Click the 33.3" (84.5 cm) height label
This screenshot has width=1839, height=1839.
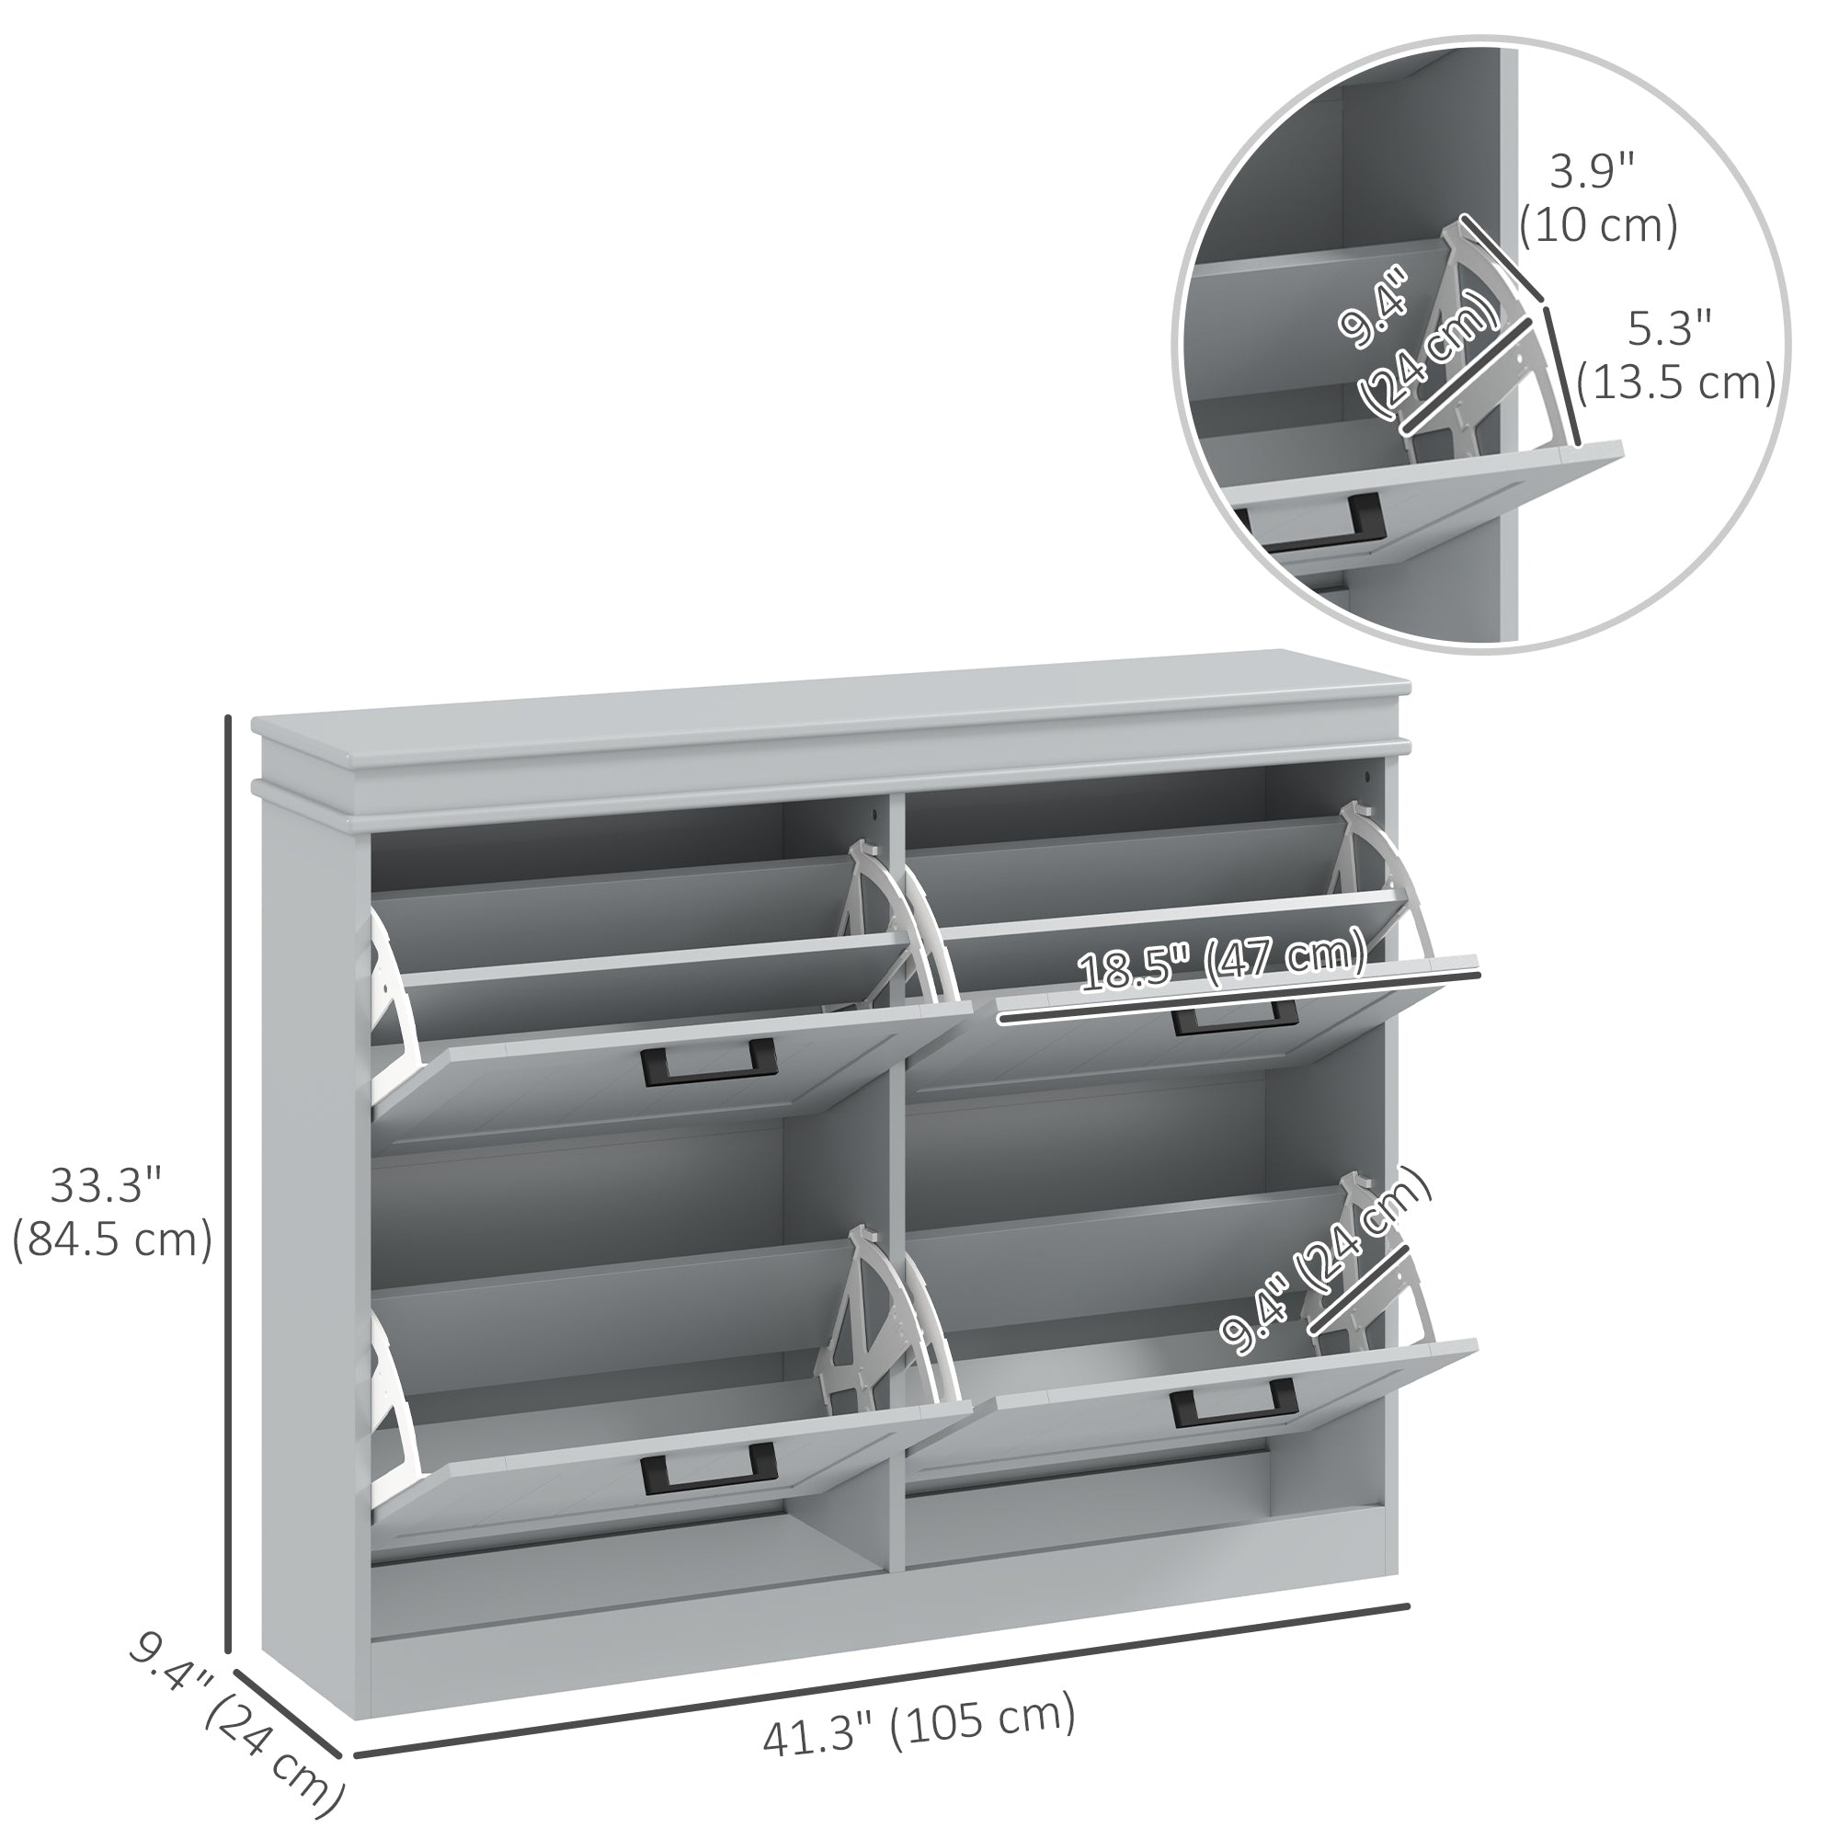111,1214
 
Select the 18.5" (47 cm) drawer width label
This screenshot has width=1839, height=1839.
1222,962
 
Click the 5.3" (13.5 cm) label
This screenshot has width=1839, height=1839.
1675,355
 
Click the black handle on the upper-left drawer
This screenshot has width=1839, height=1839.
709,1062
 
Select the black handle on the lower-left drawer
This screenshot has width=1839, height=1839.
709,1467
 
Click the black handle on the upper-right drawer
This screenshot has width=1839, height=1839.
1236,1017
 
